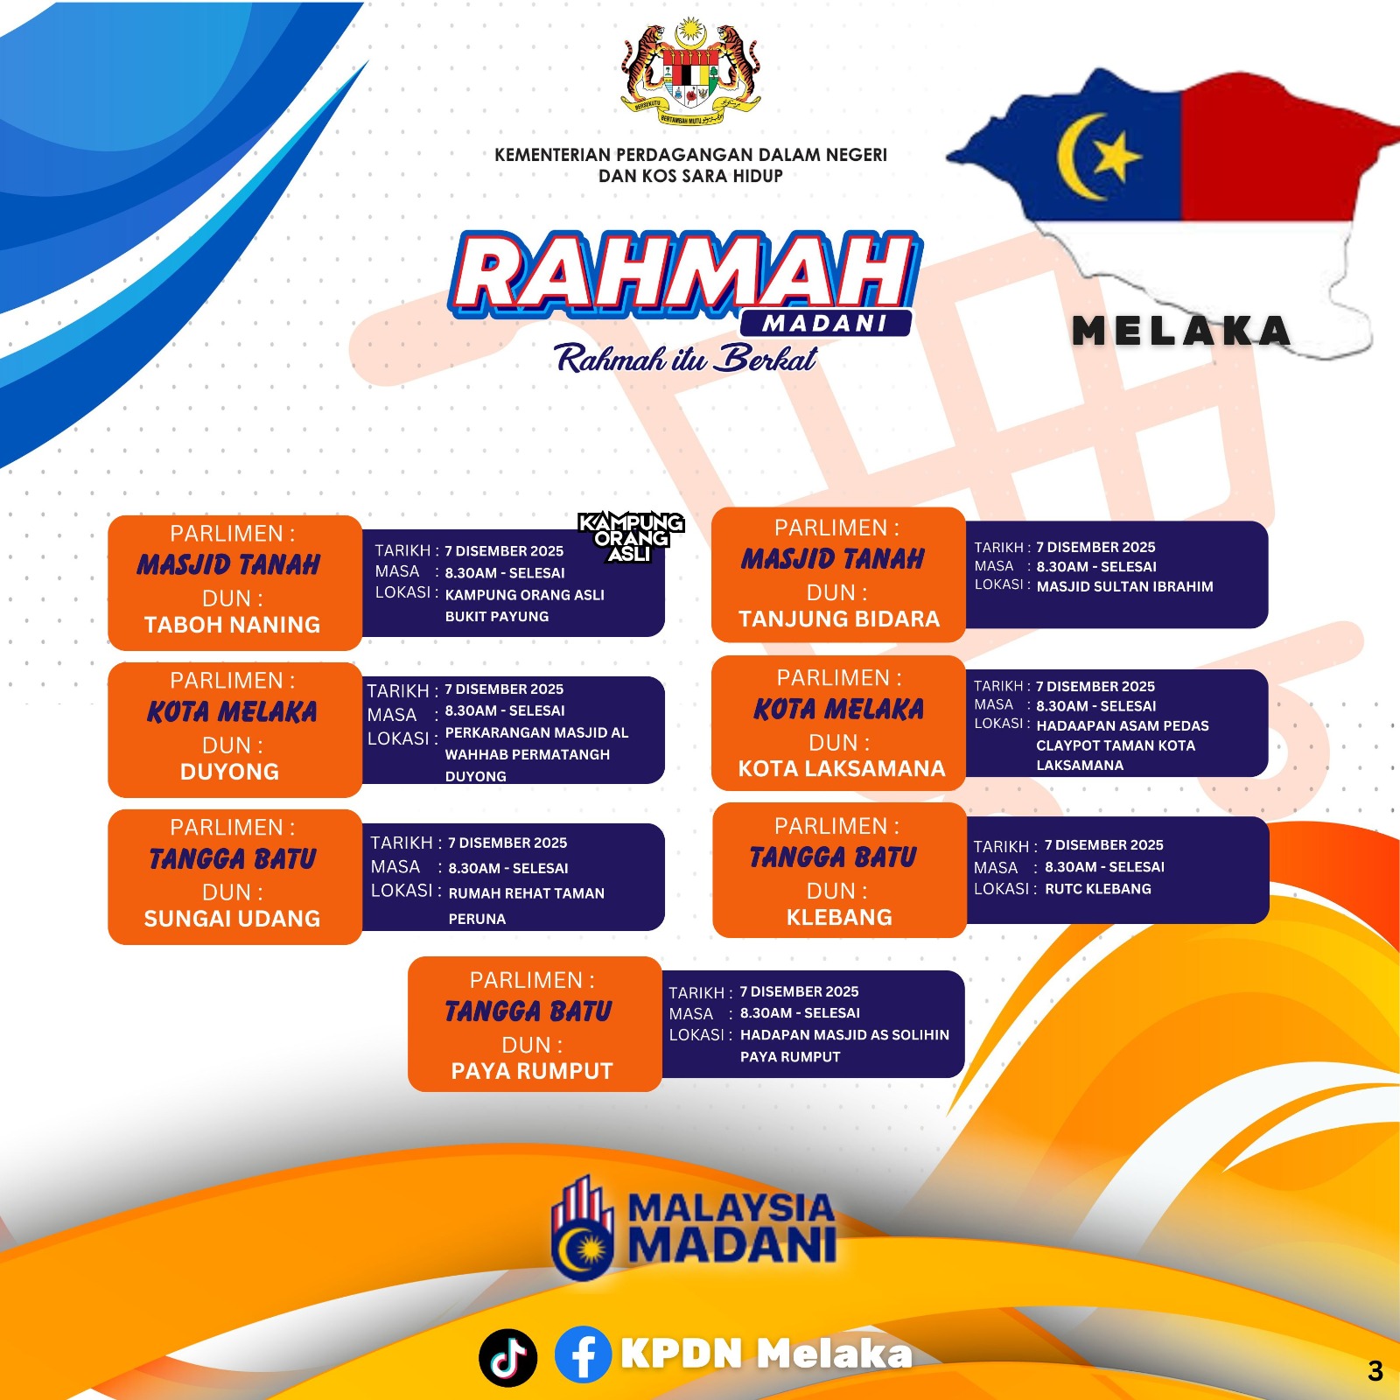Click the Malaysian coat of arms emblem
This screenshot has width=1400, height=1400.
(690, 73)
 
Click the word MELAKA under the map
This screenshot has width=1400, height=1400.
(1181, 331)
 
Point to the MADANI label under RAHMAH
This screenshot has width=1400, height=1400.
(825, 323)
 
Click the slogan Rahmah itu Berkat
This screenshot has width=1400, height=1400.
(686, 358)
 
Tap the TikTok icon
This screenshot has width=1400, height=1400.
(507, 1357)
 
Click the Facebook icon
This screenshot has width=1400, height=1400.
(583, 1354)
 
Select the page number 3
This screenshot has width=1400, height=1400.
(1375, 1370)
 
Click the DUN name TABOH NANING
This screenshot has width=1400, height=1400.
(232, 625)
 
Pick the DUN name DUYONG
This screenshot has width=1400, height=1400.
(229, 772)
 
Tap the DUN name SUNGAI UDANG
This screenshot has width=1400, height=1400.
(232, 919)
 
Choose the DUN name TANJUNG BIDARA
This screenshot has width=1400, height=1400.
(839, 619)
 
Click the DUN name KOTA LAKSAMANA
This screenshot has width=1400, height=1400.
(842, 768)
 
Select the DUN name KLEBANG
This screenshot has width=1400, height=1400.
(839, 917)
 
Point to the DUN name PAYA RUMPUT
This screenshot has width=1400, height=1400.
(532, 1071)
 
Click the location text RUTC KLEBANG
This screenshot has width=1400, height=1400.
(1098, 889)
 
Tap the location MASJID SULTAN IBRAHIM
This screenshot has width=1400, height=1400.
(1124, 586)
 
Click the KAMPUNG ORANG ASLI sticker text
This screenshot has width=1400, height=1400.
(631, 537)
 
